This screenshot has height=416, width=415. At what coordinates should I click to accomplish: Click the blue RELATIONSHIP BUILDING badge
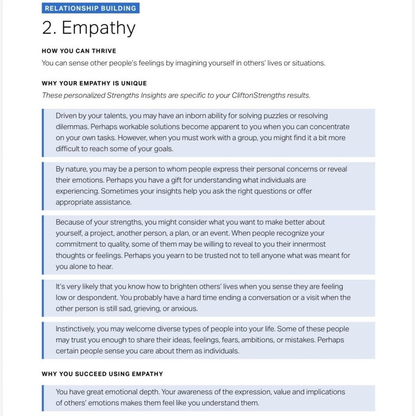(x=91, y=8)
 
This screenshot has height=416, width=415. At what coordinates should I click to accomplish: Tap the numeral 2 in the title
(x=49, y=28)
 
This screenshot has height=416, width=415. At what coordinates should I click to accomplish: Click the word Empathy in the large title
(x=99, y=28)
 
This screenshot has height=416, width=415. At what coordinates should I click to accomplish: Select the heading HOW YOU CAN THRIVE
(x=79, y=51)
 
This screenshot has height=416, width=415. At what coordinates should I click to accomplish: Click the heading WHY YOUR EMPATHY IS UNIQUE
(x=94, y=83)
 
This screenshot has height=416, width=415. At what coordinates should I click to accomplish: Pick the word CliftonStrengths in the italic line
(x=259, y=95)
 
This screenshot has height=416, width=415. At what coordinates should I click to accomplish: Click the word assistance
(x=111, y=202)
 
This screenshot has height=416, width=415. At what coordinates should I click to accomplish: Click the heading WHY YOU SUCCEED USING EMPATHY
(x=102, y=374)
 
